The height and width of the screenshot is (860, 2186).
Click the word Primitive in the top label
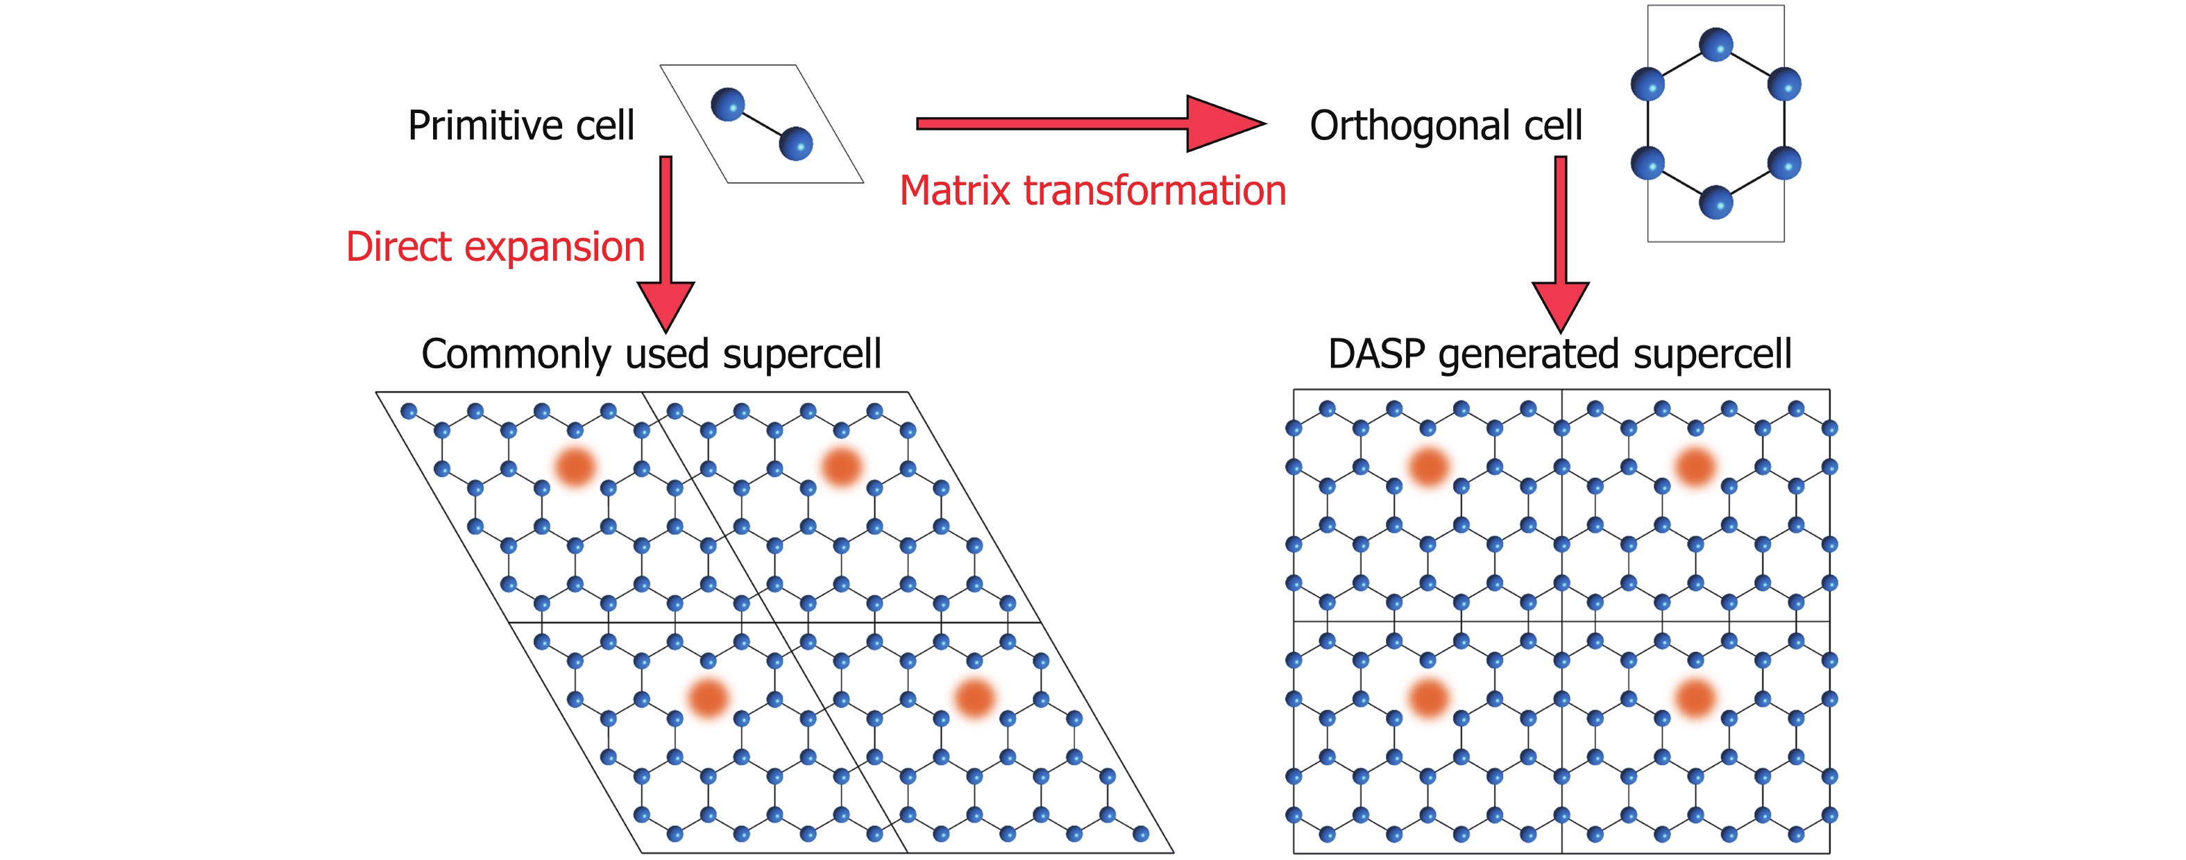point(484,126)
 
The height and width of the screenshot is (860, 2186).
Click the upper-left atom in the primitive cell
point(727,104)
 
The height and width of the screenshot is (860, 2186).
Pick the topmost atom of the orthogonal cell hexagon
point(1716,44)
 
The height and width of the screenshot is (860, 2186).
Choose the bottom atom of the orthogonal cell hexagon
point(1716,203)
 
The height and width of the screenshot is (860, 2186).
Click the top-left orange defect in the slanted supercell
point(575,467)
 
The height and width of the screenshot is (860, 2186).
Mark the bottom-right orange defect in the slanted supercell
point(974,698)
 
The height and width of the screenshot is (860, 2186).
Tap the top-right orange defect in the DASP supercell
point(1695,467)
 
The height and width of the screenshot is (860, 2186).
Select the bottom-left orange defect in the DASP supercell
point(1428,698)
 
